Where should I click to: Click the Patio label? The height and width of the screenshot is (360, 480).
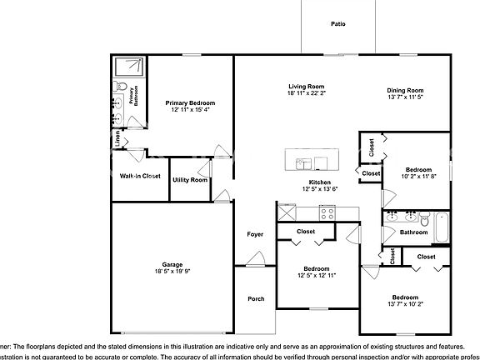coord(337,25)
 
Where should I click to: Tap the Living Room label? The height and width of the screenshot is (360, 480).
coord(306,87)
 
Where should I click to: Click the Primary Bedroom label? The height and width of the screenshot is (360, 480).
coord(190,102)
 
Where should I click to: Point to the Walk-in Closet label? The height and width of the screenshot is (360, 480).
coord(140,176)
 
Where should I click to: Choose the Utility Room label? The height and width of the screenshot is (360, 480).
coord(190,180)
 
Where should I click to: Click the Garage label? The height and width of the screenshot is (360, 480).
coord(172,264)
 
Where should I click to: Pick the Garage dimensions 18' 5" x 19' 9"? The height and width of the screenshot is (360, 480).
coord(172,272)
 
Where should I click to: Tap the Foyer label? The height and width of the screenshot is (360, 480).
coord(255,234)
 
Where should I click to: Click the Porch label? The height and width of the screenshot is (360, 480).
coord(256,298)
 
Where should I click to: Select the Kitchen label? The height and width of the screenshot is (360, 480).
coord(321,182)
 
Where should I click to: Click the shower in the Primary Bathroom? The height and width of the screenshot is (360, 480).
coord(127,67)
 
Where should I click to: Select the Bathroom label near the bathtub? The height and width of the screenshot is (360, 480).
coord(413,232)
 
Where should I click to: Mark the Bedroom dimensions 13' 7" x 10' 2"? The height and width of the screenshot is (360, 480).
coord(405,305)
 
